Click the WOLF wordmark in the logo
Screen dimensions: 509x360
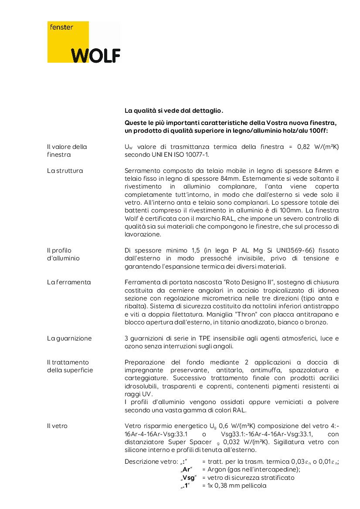pos(96,55)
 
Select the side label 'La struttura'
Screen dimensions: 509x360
pos(65,171)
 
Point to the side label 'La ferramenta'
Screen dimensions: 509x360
pos(69,282)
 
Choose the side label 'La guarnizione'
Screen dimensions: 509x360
pos(69,338)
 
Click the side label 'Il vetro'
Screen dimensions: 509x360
pos(57,426)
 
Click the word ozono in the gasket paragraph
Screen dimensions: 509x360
pos(133,346)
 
